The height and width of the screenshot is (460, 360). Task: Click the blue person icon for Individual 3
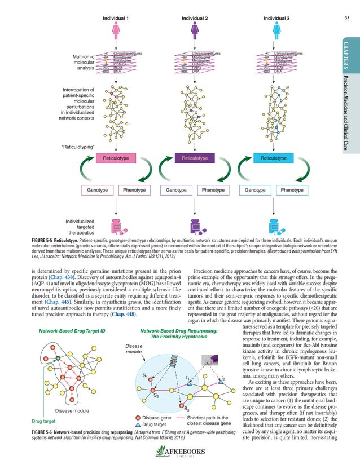[x=276, y=31]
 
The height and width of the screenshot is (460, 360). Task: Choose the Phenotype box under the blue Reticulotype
[x=291, y=191]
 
